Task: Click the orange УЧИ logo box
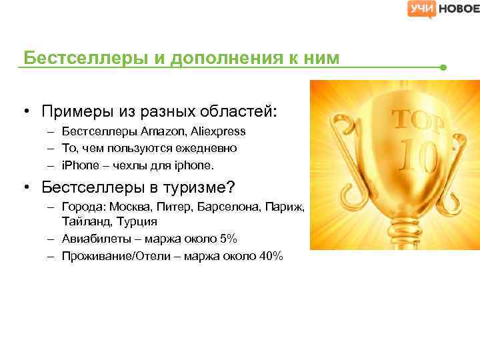(x=421, y=9)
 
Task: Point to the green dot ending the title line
(x=443, y=67)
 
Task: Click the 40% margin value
(x=272, y=255)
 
